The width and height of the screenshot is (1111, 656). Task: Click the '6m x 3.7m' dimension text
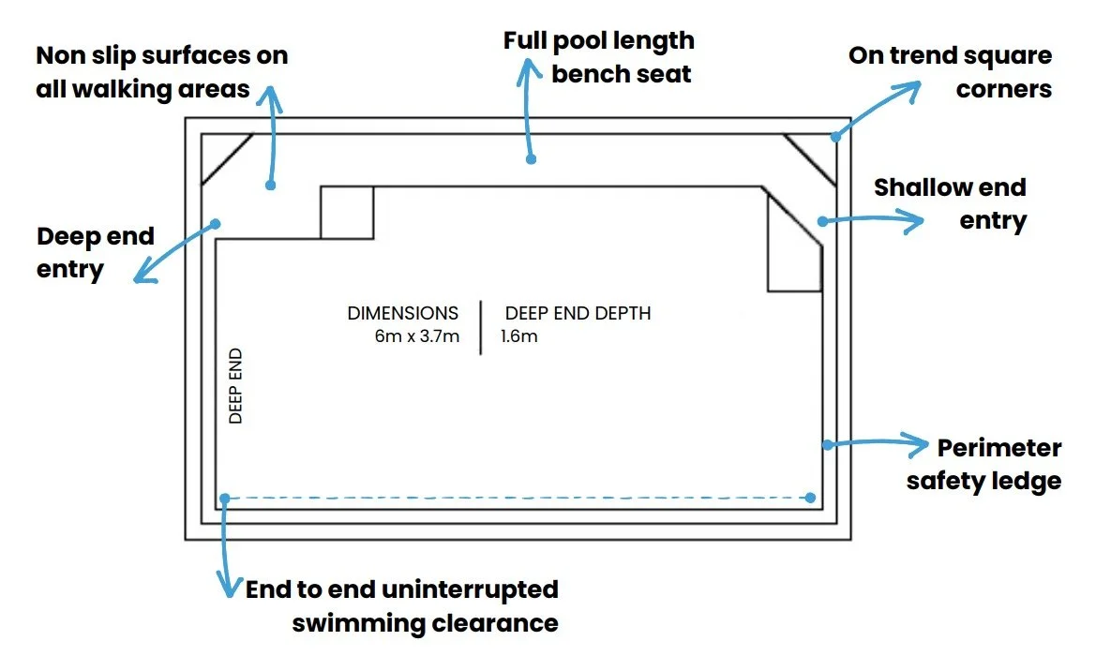[416, 336]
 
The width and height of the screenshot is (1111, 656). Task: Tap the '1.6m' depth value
[519, 336]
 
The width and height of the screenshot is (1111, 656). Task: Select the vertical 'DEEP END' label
[236, 386]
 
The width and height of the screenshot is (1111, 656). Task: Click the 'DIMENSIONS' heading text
[403, 314]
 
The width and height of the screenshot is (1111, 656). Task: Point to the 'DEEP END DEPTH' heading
[578, 314]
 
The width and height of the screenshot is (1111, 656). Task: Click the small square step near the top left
[347, 213]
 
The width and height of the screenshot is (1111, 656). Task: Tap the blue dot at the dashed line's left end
[224, 498]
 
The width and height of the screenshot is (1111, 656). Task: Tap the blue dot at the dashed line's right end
[811, 498]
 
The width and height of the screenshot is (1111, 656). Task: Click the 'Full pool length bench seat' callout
[599, 56]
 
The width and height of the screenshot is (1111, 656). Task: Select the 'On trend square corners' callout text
[950, 72]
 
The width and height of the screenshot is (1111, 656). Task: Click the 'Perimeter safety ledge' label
[984, 464]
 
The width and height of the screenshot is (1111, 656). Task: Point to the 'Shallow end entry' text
[950, 203]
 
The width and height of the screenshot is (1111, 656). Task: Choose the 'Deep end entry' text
[95, 252]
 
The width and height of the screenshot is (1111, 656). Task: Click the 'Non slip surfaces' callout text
[161, 72]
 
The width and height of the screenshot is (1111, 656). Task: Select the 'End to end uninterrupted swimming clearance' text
[402, 606]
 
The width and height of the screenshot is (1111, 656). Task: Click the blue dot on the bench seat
[532, 159]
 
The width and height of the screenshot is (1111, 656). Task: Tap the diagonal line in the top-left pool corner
[228, 158]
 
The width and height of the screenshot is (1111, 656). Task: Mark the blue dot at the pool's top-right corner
[834, 139]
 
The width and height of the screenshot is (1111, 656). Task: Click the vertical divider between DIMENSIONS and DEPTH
[481, 327]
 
